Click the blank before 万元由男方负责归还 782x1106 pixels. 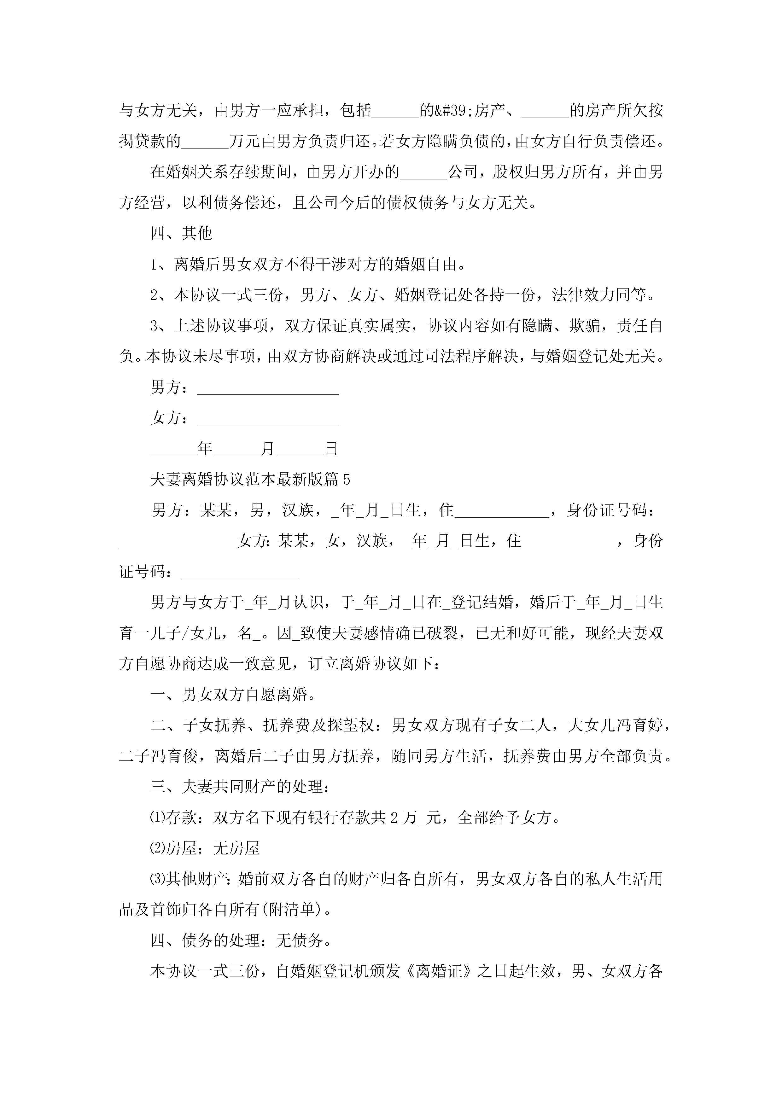coord(205,142)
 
